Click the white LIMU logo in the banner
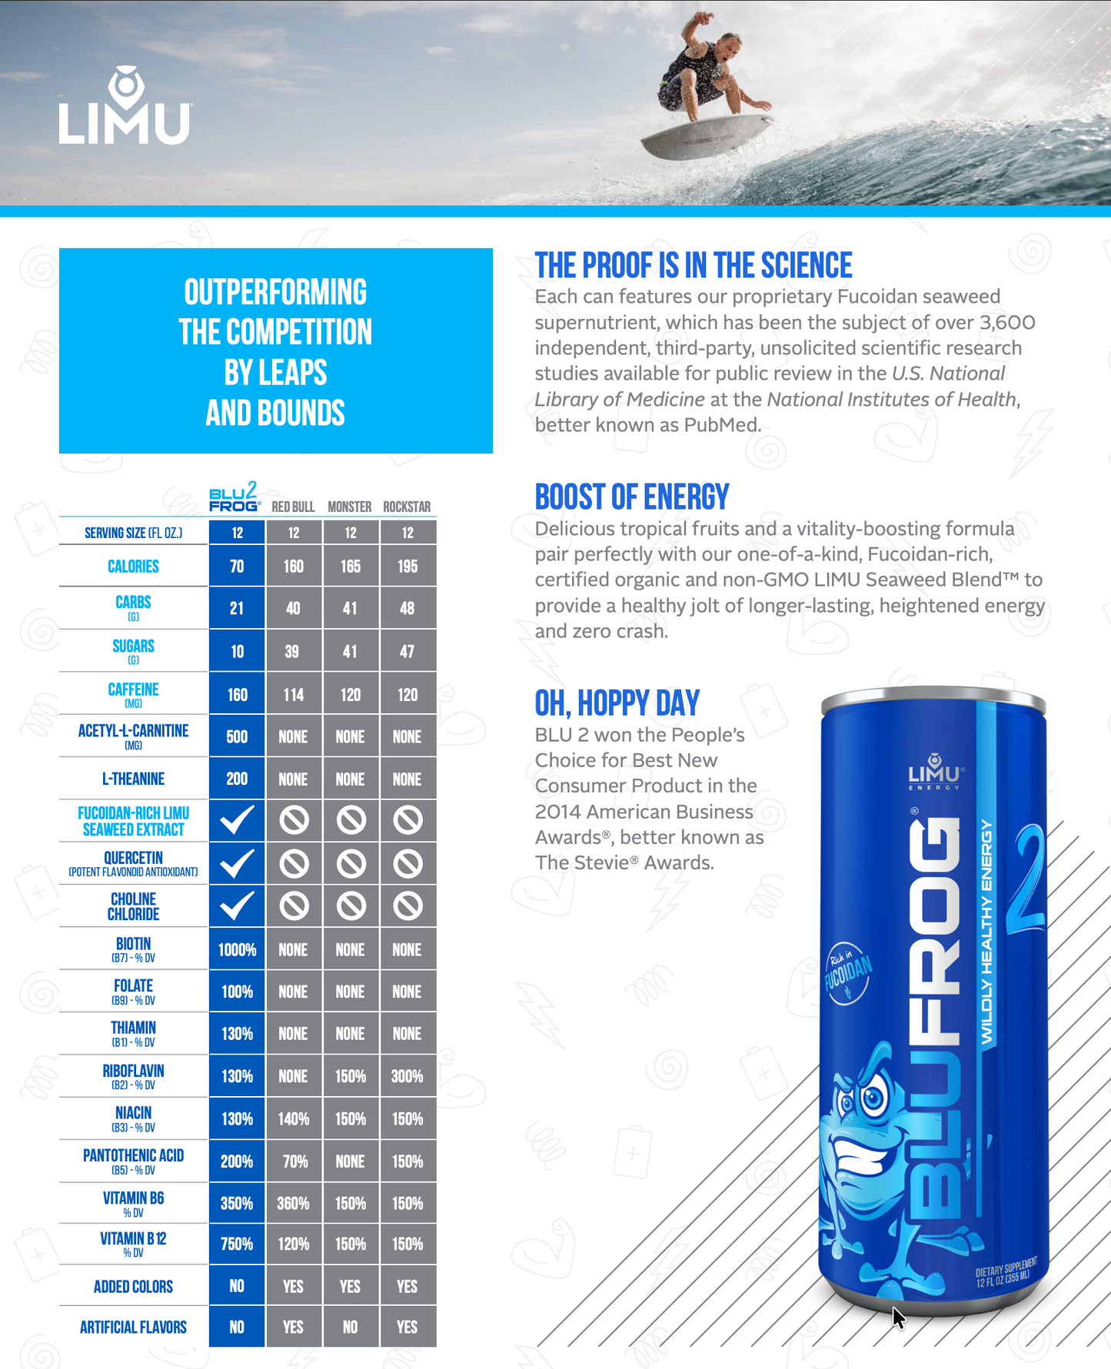pos(125,108)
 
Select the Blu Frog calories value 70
pos(237,567)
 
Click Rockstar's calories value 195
pos(407,567)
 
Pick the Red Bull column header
pos(293,507)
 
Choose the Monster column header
pos(350,507)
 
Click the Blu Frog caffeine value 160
pos(237,695)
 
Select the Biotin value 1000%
pos(237,950)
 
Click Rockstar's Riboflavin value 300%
pos(407,1076)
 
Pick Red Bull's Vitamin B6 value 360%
pos(293,1204)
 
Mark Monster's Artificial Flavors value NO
pos(350,1327)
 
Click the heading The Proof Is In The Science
pos(694,266)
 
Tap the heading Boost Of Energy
pos(632,497)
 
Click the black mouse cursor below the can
pos(897,1317)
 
